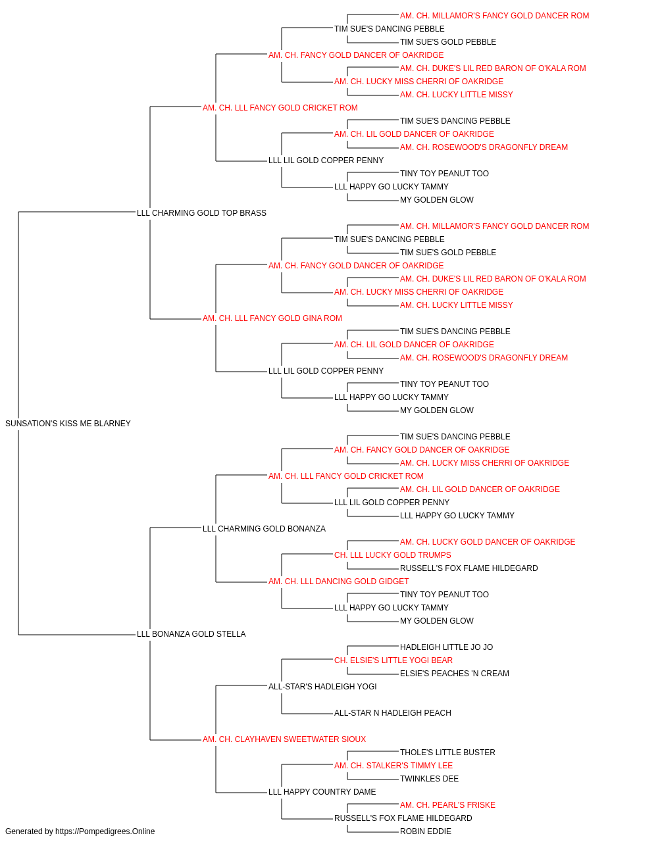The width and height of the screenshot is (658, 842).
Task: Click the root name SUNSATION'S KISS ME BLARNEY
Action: pos(68,424)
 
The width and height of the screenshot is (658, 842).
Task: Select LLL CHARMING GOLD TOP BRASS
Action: pos(201,213)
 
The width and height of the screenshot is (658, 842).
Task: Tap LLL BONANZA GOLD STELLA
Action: pos(191,634)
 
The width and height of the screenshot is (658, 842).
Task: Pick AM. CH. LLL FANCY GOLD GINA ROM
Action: pos(272,318)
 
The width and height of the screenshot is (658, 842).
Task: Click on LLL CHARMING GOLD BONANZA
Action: pos(264,529)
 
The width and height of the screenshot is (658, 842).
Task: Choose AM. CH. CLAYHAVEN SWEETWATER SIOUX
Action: pos(284,739)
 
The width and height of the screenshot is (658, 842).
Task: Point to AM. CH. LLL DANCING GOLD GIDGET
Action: pos(338,582)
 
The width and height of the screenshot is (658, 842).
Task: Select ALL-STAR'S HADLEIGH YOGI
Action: pos(322,687)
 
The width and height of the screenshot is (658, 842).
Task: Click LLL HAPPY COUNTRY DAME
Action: pos(322,791)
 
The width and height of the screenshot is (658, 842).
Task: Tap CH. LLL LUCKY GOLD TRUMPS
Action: pos(393,555)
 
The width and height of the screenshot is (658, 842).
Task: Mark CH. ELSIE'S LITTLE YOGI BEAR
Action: pos(393,660)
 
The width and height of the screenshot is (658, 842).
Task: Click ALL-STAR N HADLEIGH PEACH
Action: pos(393,713)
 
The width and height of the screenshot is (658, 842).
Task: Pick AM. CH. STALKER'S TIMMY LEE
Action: pos(393,766)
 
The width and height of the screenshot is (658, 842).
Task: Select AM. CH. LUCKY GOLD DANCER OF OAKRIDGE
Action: pos(488,541)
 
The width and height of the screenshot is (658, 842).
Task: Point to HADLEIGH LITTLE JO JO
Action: pos(446,647)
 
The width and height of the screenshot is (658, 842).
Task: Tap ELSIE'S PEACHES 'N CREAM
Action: pos(455,674)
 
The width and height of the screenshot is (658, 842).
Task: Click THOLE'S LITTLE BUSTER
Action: pos(447,753)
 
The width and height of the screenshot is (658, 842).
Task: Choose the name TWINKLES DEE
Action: pos(430,779)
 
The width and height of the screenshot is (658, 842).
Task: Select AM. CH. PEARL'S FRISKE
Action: pos(447,805)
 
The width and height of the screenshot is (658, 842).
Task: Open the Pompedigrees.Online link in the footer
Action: pos(105,831)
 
